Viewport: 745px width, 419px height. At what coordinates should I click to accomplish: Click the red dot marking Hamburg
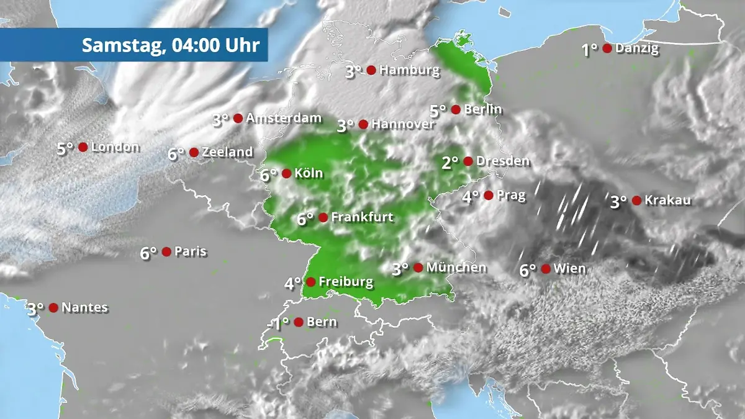[x=371, y=70]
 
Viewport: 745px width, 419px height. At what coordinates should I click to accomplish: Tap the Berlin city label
[x=483, y=109]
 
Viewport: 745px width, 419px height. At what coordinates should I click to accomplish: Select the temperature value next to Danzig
[x=589, y=50]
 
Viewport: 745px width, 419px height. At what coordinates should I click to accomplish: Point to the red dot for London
[x=83, y=147]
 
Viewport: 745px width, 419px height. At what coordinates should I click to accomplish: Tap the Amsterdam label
[x=284, y=118]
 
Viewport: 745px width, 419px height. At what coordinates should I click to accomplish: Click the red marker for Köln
[x=286, y=173]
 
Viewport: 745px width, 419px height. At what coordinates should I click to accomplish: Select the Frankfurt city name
[x=362, y=217]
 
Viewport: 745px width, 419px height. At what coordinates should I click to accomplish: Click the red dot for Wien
[x=546, y=269]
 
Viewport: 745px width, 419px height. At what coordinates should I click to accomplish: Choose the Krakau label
[x=667, y=200]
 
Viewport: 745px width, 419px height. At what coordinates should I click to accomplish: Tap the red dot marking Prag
[x=489, y=196]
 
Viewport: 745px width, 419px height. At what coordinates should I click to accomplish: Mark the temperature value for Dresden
[x=450, y=163]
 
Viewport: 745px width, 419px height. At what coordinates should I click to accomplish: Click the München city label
[x=456, y=268]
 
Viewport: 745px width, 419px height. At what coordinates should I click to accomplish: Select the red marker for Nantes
[x=53, y=307]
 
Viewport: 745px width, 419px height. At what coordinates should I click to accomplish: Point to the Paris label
[x=191, y=251]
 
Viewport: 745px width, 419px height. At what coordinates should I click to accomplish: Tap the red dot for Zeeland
[x=194, y=152]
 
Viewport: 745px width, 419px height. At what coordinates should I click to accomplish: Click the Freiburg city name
[x=346, y=282]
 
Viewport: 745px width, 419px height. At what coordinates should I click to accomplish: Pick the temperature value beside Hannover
[x=345, y=126]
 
